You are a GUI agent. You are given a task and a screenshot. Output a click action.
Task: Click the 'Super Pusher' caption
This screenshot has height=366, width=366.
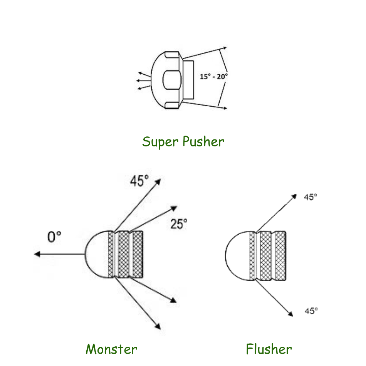pyautogui.click(x=183, y=141)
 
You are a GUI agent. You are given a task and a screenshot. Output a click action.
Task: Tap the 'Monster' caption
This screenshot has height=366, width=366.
pyautogui.click(x=111, y=349)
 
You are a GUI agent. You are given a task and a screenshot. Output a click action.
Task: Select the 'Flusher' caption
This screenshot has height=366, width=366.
pyautogui.click(x=269, y=349)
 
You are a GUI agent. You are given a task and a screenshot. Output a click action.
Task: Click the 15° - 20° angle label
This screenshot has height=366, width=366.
pyautogui.click(x=213, y=77)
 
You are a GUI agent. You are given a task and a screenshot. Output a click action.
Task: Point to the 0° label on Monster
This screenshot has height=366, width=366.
pyautogui.click(x=54, y=237)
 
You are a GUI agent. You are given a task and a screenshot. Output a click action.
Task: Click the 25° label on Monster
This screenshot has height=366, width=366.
pyautogui.click(x=179, y=224)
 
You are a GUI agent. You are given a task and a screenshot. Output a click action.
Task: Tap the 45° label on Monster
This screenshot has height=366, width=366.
pyautogui.click(x=139, y=181)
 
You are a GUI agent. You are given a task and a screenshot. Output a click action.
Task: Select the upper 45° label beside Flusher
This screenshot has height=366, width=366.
pyautogui.click(x=311, y=197)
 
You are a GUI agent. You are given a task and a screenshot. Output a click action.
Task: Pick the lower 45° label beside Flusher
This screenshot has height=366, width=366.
pyautogui.click(x=311, y=311)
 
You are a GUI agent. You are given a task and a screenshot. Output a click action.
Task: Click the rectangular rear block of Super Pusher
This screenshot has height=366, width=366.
pyautogui.click(x=188, y=80)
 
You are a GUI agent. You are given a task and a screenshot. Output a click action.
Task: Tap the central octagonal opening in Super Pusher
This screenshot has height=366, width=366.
pyautogui.click(x=172, y=80)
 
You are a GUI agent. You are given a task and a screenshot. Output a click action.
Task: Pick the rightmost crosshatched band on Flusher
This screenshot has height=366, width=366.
pyautogui.click(x=280, y=256)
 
